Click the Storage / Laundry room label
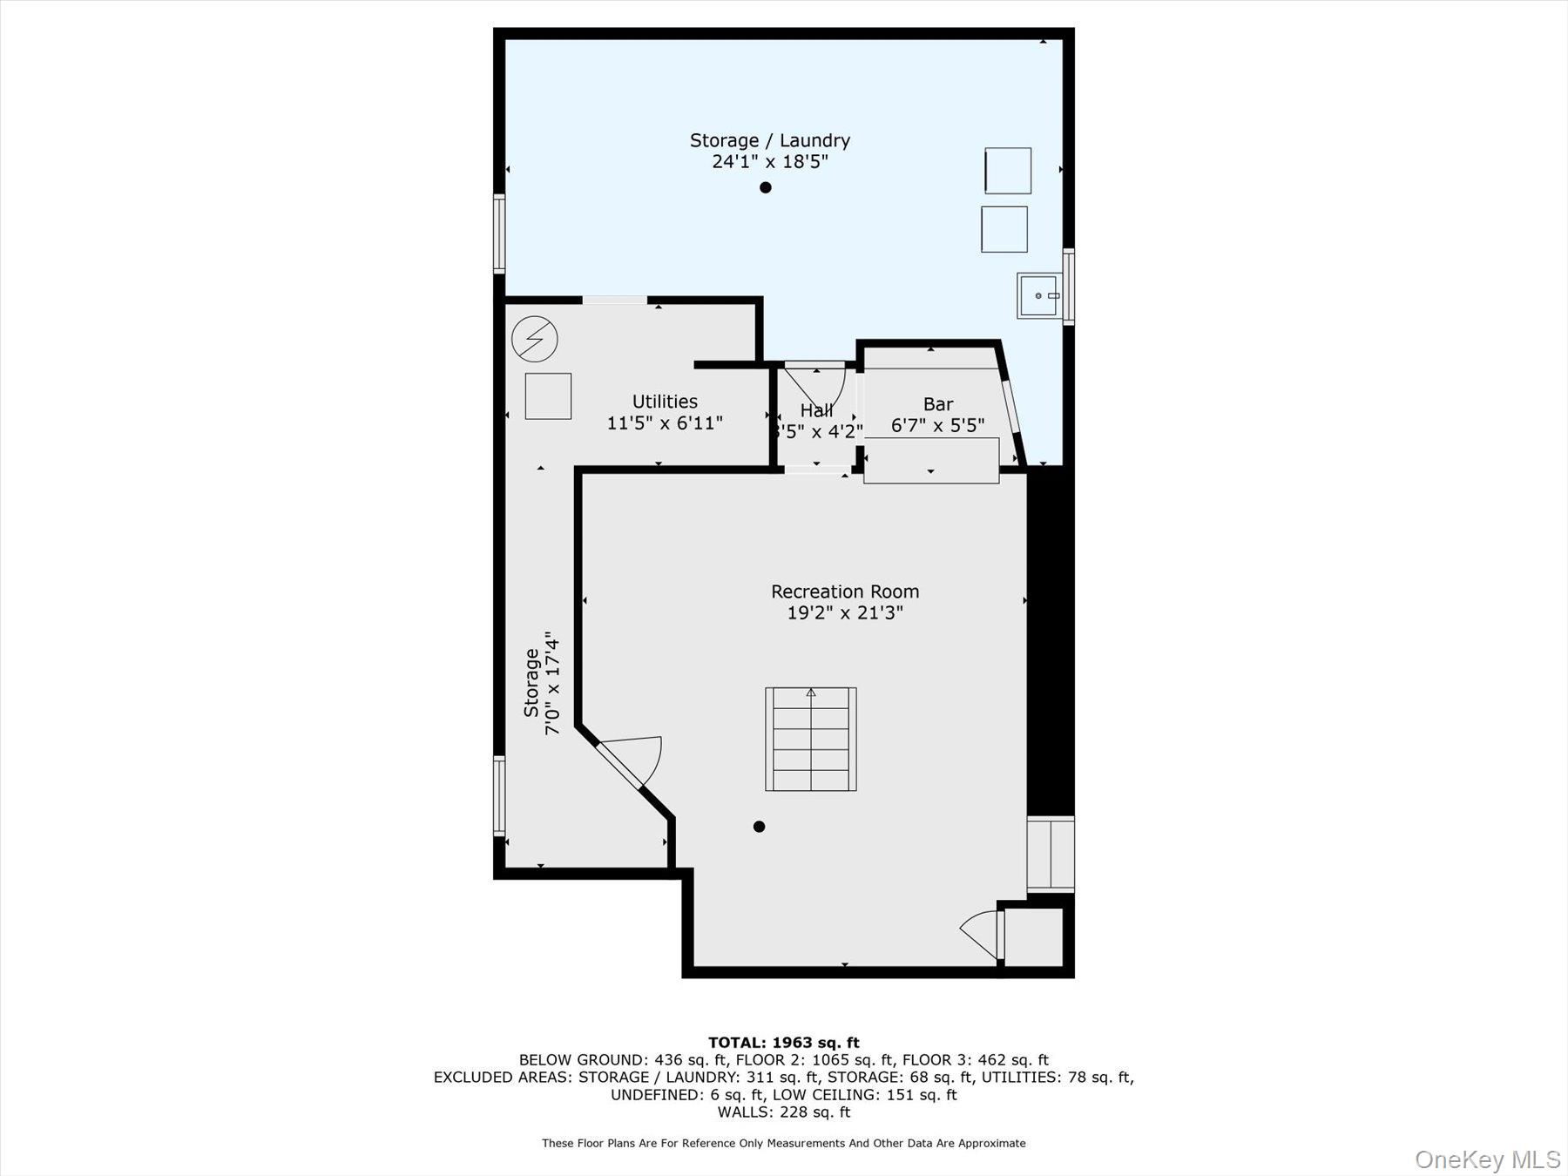coord(769,140)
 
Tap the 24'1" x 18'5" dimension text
coord(769,162)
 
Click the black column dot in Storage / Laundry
coord(765,187)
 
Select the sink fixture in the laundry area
coord(1038,295)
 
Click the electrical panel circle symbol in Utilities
coord(534,339)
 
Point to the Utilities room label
coord(665,402)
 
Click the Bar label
coord(937,404)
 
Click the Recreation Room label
coord(844,591)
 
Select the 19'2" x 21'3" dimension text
coord(844,613)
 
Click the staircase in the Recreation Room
coord(810,739)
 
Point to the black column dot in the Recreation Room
coord(759,827)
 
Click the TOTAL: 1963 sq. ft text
coord(783,1042)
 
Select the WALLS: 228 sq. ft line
coord(783,1112)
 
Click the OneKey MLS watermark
coord(1487,1159)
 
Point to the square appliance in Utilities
coord(548,396)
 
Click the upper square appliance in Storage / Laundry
coord(1008,171)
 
